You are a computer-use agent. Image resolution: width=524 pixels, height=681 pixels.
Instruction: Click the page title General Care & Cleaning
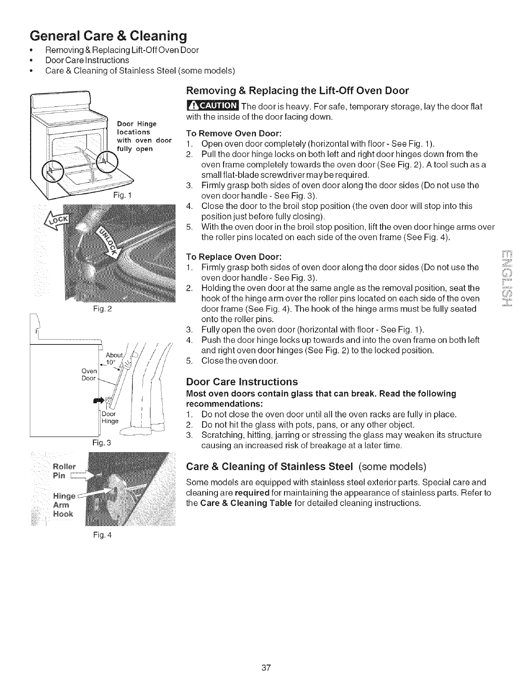click(108, 35)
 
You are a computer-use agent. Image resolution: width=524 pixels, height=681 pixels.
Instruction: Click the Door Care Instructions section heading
click(242, 382)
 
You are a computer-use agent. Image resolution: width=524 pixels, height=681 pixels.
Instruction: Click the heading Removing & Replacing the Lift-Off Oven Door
click(297, 91)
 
